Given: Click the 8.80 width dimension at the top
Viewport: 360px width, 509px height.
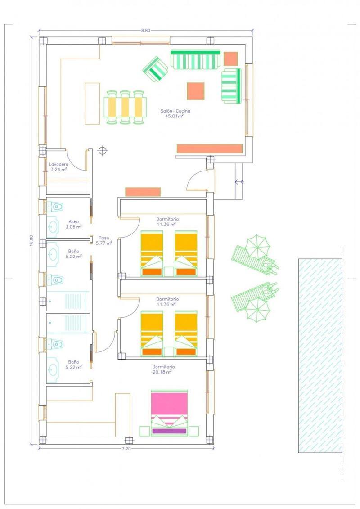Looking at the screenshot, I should point(145,30).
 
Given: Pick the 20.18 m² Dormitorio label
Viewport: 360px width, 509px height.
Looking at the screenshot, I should point(163,369).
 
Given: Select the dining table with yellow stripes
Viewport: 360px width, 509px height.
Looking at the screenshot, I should point(126,107).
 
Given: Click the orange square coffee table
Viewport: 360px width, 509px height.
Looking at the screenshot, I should point(196,91).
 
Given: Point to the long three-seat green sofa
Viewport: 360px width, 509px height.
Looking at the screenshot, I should point(195,60).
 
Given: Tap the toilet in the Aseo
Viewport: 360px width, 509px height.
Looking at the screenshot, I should point(55,207).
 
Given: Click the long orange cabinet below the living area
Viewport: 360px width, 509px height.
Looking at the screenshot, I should point(210,149).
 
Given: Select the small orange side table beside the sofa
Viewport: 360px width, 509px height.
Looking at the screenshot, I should point(230,59).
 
